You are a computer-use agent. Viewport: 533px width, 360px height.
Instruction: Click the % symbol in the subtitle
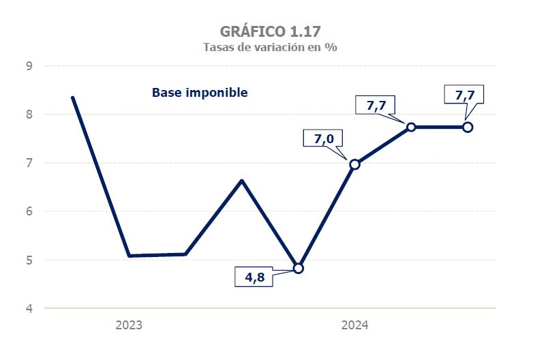point(333,47)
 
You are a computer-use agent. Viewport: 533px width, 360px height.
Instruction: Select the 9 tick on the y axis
point(29,66)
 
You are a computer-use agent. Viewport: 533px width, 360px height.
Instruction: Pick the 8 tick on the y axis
point(29,115)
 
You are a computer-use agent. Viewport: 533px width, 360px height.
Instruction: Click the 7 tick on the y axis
point(29,163)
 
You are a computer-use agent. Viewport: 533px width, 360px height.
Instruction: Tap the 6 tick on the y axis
point(29,211)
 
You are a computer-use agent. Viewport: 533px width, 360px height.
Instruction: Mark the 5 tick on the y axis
point(29,260)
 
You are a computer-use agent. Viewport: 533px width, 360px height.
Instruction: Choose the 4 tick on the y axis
point(29,308)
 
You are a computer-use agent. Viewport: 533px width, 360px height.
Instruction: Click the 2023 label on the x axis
point(129,326)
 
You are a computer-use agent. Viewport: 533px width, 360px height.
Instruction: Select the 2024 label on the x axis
point(354,326)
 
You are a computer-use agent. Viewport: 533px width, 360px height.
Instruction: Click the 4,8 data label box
point(255,277)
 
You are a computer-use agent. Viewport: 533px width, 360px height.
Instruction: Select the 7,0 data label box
point(323,139)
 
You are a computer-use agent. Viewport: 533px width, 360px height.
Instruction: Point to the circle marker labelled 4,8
point(298,268)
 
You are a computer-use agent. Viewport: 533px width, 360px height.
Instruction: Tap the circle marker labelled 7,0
point(354,164)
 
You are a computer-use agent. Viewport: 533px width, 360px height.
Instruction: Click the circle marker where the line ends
point(468,127)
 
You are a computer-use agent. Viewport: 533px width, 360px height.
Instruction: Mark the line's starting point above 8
point(72,97)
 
